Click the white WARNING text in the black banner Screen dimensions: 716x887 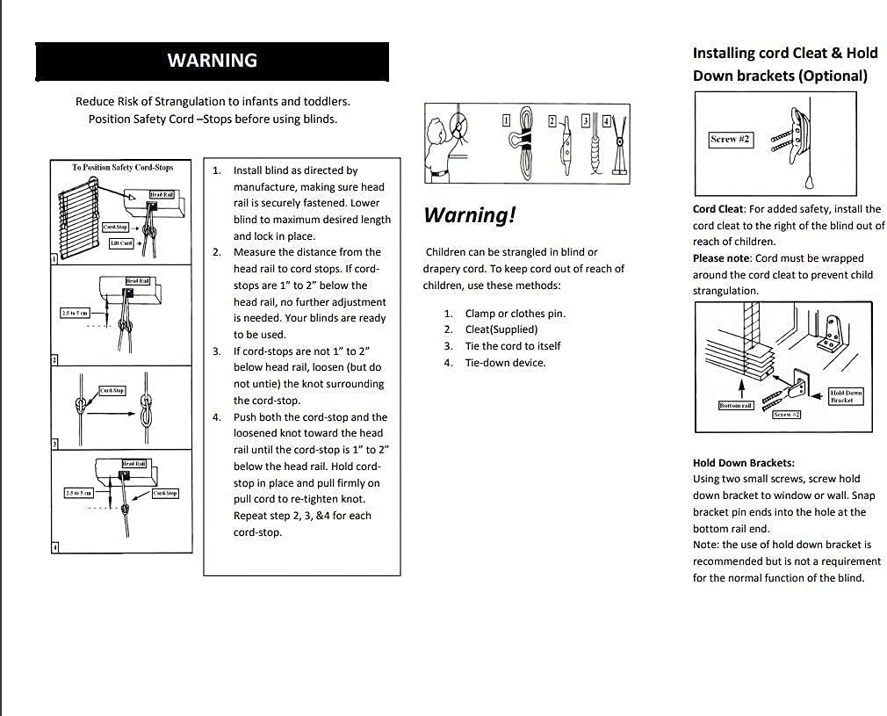212,61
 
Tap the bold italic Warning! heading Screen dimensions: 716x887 469,215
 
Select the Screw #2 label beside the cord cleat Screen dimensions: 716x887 730,139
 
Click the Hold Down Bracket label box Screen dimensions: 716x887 846,396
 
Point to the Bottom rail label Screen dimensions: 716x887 735,405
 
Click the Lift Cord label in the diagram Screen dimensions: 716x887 121,243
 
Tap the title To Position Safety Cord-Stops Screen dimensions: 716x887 123,167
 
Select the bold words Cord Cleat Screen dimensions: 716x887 718,209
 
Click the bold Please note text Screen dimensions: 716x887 721,258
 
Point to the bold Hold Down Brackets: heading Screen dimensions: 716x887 743,462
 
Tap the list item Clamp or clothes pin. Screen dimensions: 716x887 515,314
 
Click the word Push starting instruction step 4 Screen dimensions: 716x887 246,417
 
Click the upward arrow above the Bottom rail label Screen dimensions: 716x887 743,387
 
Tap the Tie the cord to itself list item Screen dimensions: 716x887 512,346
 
